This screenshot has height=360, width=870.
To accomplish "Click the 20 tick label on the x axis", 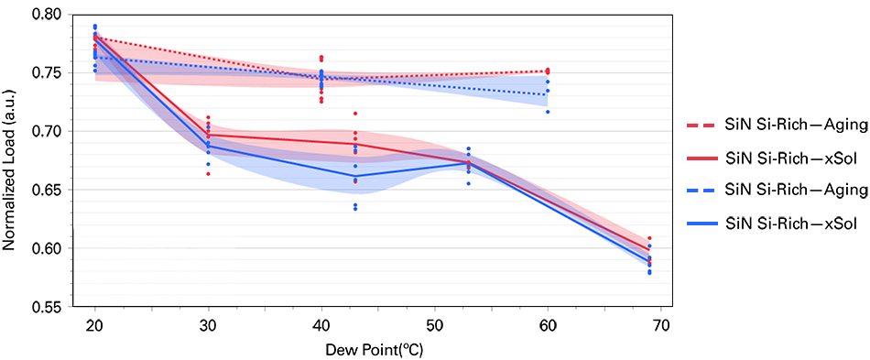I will pyautogui.click(x=94, y=325).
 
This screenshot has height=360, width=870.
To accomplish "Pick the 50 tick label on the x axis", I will pyautogui.click(x=434, y=325).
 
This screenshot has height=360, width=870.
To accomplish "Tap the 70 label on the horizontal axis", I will pyautogui.click(x=660, y=325).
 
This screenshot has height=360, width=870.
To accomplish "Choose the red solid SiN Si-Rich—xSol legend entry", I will pyautogui.click(x=777, y=158).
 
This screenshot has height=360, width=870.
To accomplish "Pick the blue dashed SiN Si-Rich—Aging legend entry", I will pyautogui.click(x=777, y=190).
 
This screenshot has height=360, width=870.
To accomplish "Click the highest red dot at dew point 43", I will pyautogui.click(x=355, y=113).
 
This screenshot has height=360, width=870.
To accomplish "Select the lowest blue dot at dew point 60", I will pyautogui.click(x=548, y=112).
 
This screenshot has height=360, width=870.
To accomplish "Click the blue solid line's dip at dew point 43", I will pyautogui.click(x=355, y=176).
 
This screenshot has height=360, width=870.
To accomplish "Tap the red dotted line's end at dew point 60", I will pyautogui.click(x=548, y=71).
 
